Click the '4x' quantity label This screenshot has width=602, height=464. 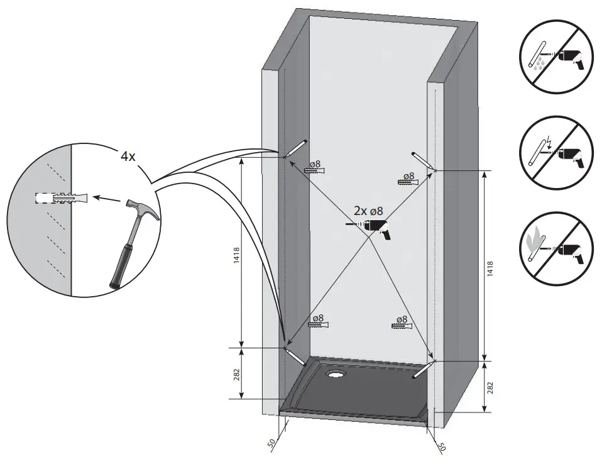point(128,157)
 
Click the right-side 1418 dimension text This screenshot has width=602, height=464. point(490,268)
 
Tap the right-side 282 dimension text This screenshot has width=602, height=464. point(490,387)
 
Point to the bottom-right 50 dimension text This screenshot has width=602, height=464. point(441,447)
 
